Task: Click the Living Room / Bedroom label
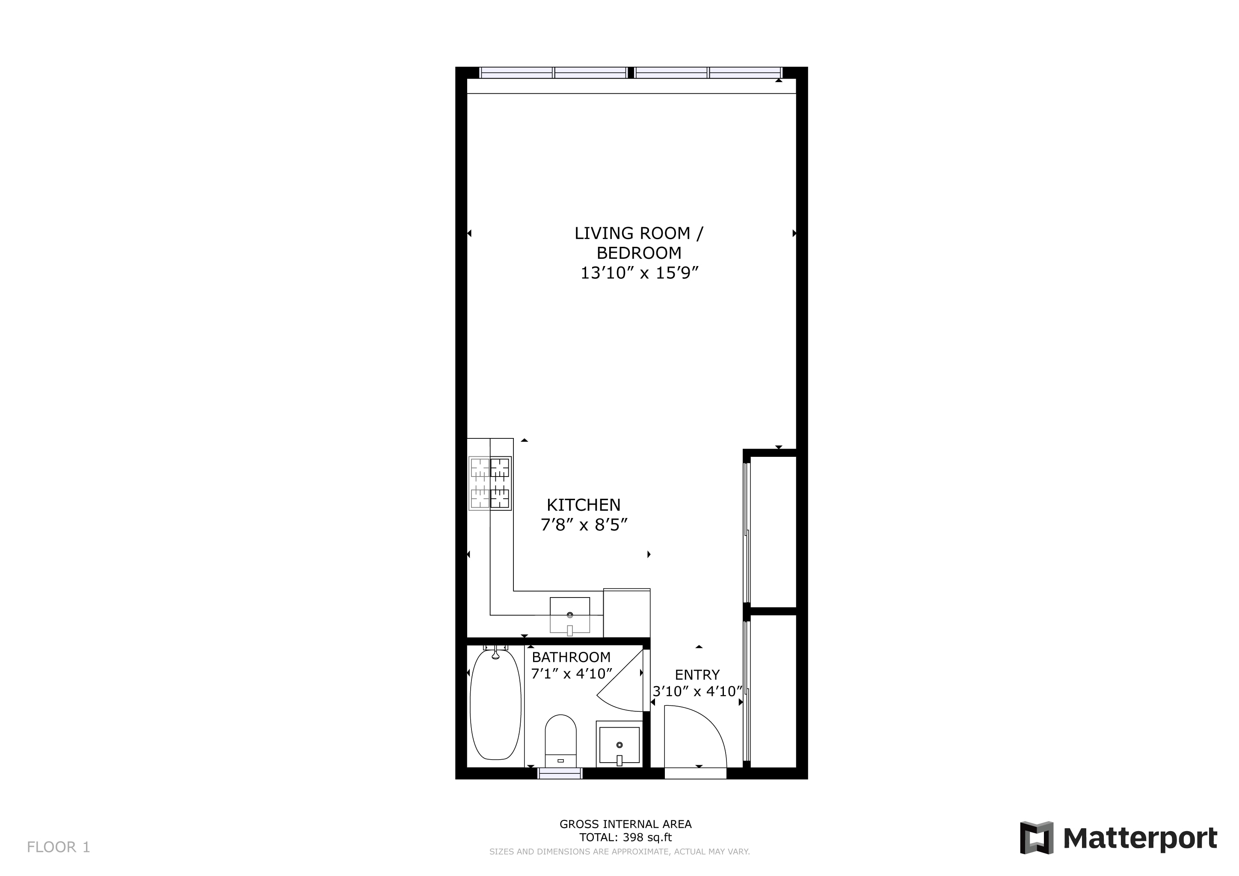(x=639, y=243)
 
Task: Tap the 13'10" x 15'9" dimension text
(x=639, y=273)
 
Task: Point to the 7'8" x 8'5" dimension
(x=584, y=524)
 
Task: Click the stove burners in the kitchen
(x=490, y=483)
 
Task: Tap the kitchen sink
(x=570, y=616)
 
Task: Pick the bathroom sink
(x=619, y=744)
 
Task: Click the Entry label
(x=697, y=675)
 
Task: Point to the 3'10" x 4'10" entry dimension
(x=698, y=692)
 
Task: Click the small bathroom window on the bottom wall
(x=560, y=773)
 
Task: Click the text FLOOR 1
(x=58, y=847)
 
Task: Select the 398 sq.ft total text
(x=648, y=838)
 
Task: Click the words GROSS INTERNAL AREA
(x=625, y=824)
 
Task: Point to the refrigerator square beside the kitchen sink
(x=626, y=613)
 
